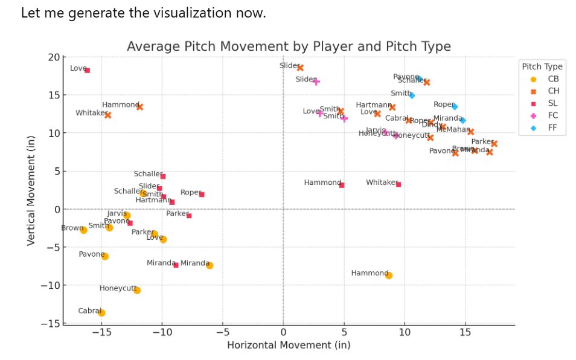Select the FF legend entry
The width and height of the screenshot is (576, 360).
546,127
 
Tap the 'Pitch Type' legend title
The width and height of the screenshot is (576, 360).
542,66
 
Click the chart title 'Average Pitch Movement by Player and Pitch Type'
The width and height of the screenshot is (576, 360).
289,47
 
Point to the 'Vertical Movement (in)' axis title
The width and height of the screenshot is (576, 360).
31,190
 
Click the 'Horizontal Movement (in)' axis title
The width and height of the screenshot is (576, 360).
289,345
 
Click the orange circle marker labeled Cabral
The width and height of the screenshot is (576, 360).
101,312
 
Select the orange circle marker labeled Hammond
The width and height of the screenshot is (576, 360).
388,275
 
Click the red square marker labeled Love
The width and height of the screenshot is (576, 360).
87,70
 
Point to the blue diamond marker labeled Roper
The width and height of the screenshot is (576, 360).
455,107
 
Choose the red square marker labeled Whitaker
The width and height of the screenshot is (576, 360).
398,184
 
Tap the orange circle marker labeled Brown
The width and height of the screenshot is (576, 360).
83,230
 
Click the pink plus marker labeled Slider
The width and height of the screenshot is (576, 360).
316,81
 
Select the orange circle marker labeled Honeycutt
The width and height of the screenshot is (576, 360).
137,290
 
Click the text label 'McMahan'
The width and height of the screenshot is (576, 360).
452,129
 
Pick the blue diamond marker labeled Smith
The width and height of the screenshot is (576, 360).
412,95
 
